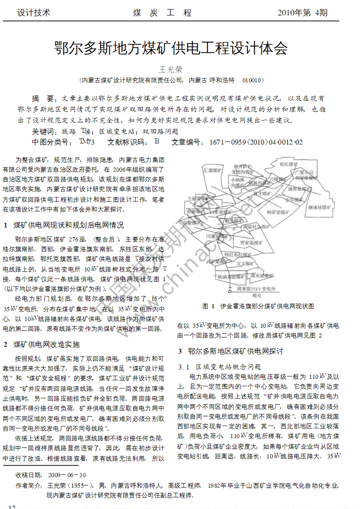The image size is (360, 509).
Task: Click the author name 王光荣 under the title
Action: tap(171, 69)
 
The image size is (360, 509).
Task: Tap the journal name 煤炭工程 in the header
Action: tap(162, 13)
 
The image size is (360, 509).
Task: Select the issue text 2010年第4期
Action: tap(302, 13)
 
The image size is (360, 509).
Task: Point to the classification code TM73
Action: tap(87, 142)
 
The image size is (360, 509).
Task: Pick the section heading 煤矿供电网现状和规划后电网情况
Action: tap(68, 225)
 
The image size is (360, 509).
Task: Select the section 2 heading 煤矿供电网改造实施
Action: tap(46, 345)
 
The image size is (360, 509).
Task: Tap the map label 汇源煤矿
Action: tap(213, 171)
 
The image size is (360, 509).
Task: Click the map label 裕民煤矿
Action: tap(288, 164)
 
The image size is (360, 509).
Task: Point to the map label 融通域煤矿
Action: tap(319, 207)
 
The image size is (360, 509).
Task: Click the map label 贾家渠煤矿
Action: tap(251, 243)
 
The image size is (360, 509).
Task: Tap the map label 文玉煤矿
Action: tap(245, 264)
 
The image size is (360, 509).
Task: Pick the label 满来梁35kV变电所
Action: tap(256, 289)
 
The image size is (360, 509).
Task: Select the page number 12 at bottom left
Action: tap(12, 507)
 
